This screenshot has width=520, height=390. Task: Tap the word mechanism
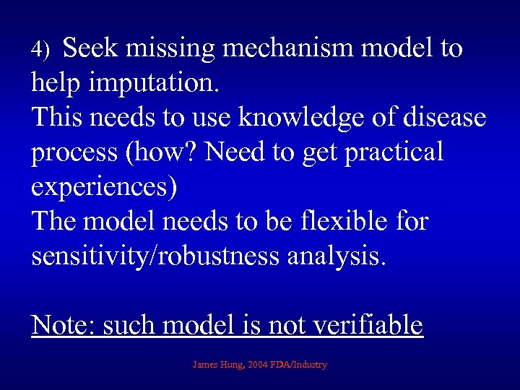287,48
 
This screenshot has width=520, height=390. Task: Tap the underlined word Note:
64,325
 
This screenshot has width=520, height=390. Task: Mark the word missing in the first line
173,48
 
